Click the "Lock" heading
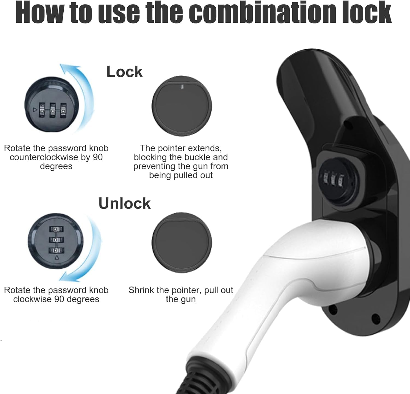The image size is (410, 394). [x=124, y=72]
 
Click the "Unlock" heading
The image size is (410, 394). [x=124, y=203]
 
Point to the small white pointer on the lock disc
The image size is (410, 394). [x=182, y=87]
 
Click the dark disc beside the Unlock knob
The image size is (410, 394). [x=182, y=242]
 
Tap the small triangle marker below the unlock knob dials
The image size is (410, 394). [x=57, y=257]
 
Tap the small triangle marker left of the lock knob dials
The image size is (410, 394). [x=35, y=110]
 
